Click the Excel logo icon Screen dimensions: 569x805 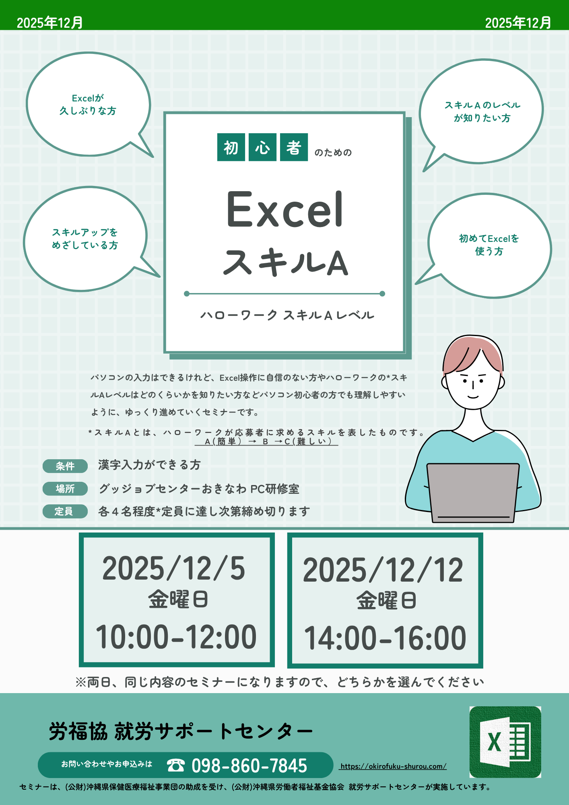pos(505,742)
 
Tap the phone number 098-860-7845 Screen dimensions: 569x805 pos(249,766)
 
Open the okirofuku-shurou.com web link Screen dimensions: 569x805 pos(393,766)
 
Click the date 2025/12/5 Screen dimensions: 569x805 pos(174,568)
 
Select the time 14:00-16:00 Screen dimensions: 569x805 pos(385,638)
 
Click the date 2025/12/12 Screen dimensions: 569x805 pos(383,570)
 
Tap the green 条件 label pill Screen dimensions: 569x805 pos(65,466)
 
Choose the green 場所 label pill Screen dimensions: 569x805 pos(65,489)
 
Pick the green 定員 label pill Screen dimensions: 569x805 pos(65,511)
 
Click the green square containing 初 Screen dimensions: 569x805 pos(231,147)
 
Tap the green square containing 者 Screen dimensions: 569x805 pos(294,147)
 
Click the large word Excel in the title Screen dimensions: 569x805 pos(285,210)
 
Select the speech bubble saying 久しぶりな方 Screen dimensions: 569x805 pos(89,104)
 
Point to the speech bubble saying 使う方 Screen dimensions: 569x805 pos(489,246)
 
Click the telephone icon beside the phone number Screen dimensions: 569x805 pos(176,765)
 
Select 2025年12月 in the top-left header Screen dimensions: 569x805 pos(50,23)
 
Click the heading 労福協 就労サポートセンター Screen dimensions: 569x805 pos(181,731)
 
